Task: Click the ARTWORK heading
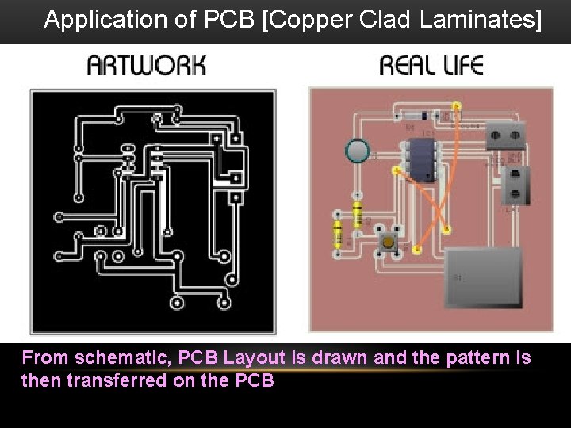[147, 65]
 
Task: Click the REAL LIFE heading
[431, 65]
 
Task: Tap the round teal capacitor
[358, 150]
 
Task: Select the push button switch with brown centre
[389, 241]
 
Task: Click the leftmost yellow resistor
[339, 234]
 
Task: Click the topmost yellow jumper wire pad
[456, 105]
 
